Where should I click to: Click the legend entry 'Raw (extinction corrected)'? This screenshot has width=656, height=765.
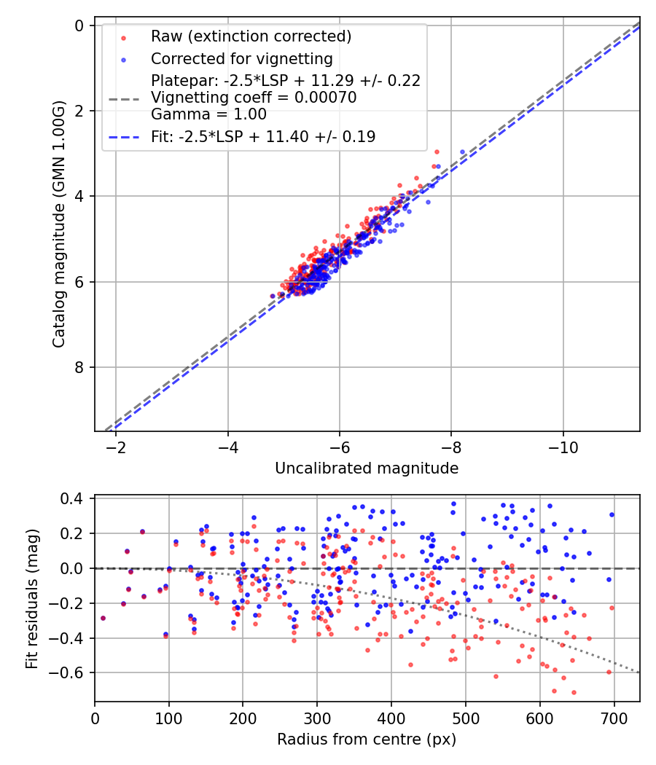(251, 36)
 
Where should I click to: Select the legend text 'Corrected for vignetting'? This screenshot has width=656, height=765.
(241, 58)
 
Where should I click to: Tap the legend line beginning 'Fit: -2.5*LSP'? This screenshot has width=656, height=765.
(263, 136)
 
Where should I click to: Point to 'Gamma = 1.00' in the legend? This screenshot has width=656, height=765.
(208, 114)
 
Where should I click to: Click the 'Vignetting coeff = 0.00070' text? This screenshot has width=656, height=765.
(254, 98)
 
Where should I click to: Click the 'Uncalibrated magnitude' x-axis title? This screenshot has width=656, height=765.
(367, 468)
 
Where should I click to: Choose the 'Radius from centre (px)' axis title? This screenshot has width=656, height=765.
(367, 739)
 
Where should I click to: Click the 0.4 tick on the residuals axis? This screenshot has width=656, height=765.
(76, 498)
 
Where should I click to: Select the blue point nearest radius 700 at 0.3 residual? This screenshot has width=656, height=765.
(612, 514)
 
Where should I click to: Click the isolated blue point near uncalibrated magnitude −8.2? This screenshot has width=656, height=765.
(462, 152)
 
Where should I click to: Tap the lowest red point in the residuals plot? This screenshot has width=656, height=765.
(574, 692)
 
